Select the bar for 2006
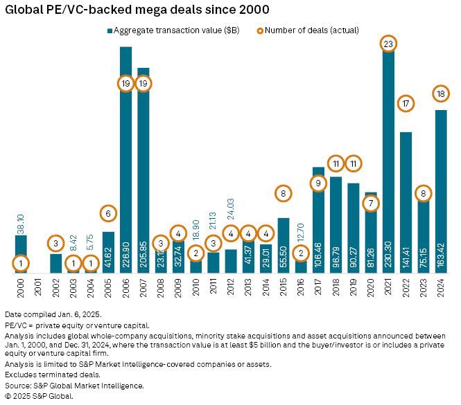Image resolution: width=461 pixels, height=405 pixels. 126,159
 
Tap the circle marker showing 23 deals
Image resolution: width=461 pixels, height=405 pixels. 389,44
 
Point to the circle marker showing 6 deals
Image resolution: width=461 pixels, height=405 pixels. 108,213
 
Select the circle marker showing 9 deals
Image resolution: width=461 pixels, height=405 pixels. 318,183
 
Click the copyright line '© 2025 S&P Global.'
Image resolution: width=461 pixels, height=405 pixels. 39,397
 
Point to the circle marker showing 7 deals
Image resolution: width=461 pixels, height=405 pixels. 372,203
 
